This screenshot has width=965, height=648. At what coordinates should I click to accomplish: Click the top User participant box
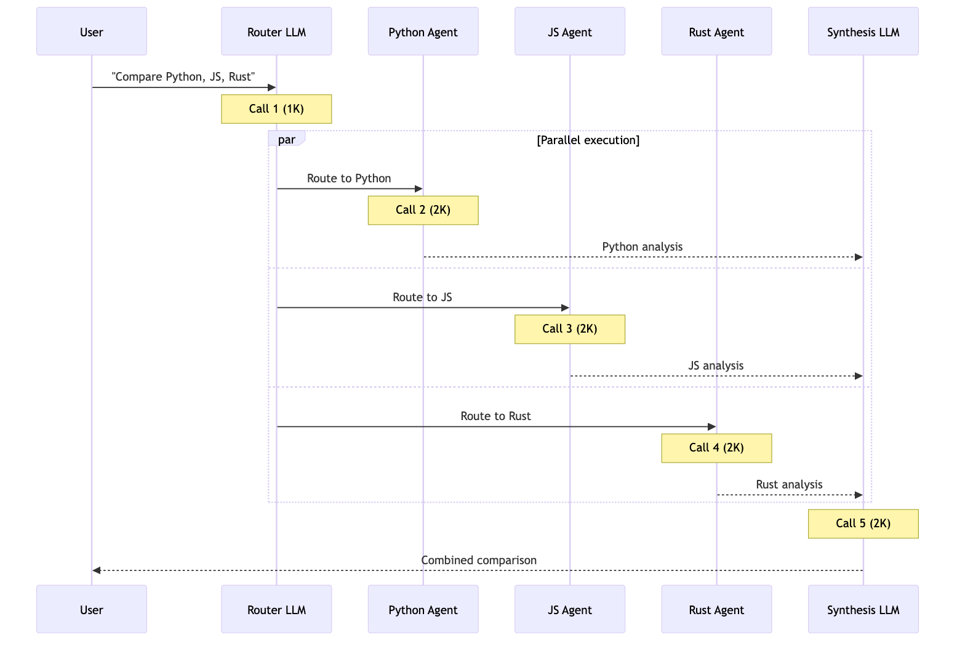pyautogui.click(x=92, y=32)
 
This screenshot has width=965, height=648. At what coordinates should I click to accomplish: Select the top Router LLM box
pyautogui.click(x=276, y=32)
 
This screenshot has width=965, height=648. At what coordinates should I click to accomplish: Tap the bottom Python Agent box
pyautogui.click(x=423, y=610)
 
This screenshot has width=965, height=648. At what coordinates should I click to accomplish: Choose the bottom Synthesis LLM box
pyautogui.click(x=863, y=610)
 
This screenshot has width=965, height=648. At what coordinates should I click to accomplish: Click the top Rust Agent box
pyautogui.click(x=716, y=32)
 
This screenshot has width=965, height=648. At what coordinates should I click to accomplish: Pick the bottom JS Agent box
pyautogui.click(x=569, y=610)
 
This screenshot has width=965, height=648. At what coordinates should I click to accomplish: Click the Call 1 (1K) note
pyautogui.click(x=276, y=109)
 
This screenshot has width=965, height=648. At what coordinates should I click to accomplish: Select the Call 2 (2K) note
pyautogui.click(x=423, y=210)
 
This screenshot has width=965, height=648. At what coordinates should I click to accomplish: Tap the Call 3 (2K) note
pyautogui.click(x=569, y=329)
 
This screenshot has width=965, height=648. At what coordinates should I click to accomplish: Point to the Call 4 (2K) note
pyautogui.click(x=716, y=448)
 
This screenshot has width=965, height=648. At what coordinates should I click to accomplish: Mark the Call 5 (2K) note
pyautogui.click(x=863, y=524)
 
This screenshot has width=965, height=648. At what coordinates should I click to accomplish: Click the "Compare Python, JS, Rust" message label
pyautogui.click(x=183, y=77)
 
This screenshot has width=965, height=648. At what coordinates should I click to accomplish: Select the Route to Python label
pyautogui.click(x=349, y=179)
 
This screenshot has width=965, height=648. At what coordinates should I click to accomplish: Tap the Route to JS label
pyautogui.click(x=422, y=298)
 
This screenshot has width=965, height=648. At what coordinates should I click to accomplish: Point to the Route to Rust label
pyautogui.click(x=495, y=416)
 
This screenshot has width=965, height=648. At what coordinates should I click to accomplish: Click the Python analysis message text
pyautogui.click(x=642, y=247)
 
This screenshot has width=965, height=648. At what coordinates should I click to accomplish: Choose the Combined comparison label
pyautogui.click(x=479, y=561)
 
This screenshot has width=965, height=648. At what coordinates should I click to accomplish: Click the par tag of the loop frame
pyautogui.click(x=286, y=140)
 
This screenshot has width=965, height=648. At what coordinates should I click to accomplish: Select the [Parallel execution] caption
pyautogui.click(x=588, y=140)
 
